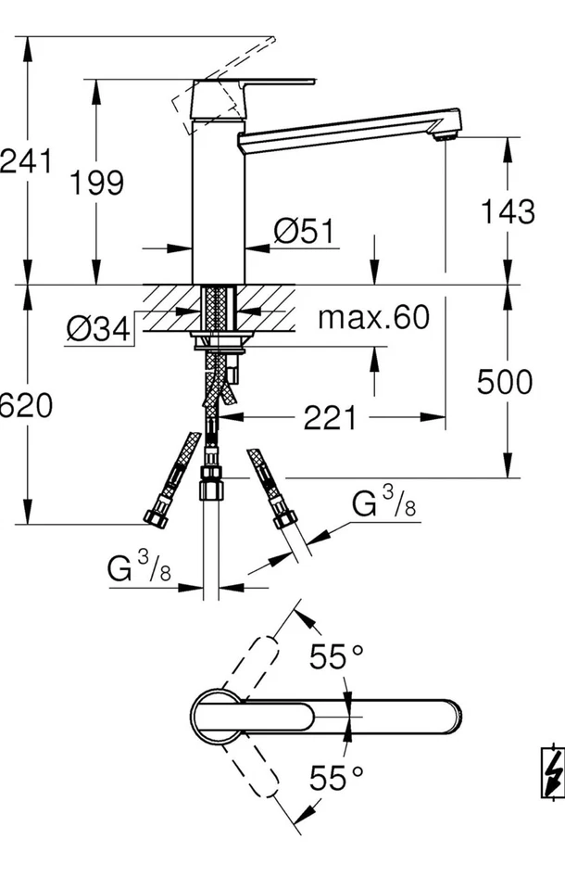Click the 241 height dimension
(x=25, y=161)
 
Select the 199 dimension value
(x=97, y=183)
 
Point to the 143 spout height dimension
(x=507, y=211)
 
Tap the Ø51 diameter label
(x=305, y=232)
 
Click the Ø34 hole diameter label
(x=98, y=328)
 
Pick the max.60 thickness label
(x=374, y=318)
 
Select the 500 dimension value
(x=505, y=381)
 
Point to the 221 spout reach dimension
(x=330, y=418)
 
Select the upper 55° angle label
(x=336, y=657)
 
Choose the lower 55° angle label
(x=336, y=778)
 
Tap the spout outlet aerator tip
(x=446, y=137)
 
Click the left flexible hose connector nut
(x=156, y=515)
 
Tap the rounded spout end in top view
(x=448, y=717)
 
